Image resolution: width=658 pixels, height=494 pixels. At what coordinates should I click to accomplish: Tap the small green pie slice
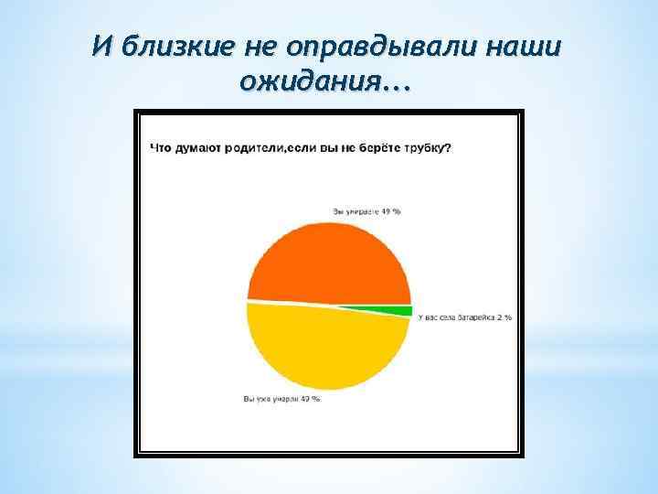402,311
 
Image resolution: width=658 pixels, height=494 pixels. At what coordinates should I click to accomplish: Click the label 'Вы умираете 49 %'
366,210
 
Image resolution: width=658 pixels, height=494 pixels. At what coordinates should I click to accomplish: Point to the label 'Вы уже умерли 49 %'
281,399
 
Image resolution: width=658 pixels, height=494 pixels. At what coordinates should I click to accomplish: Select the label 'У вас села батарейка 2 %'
464,317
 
